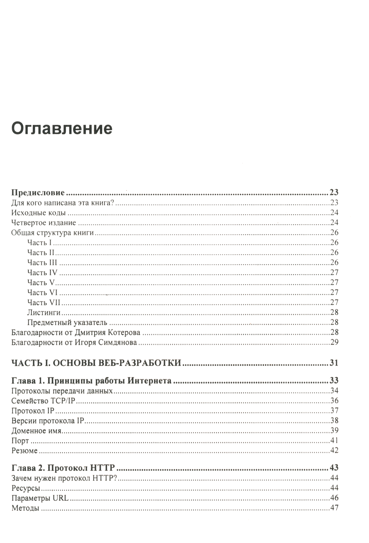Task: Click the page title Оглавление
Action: pyautogui.click(x=62, y=128)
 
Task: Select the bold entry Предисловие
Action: pyautogui.click(x=38, y=193)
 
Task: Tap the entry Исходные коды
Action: pyautogui.click(x=38, y=213)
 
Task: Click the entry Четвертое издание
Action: pyautogui.click(x=44, y=223)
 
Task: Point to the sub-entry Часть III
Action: pyautogui.click(x=42, y=262)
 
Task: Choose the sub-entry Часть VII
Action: pyautogui.click(x=44, y=302)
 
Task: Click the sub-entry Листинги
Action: pyautogui.click(x=44, y=312)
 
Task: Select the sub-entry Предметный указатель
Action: pyautogui.click(x=67, y=322)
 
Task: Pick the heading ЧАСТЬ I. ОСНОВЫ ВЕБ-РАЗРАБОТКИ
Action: pyautogui.click(x=96, y=363)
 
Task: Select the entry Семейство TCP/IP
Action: pyautogui.click(x=44, y=401)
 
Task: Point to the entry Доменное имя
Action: pyautogui.click(x=36, y=431)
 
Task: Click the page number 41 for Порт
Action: pyautogui.click(x=334, y=440)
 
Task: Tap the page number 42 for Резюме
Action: pyautogui.click(x=334, y=450)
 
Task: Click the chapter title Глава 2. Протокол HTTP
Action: pyautogui.click(x=63, y=468)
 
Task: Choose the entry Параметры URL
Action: pyautogui.click(x=40, y=498)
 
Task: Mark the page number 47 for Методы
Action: pyautogui.click(x=334, y=508)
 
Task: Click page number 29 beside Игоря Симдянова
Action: pyautogui.click(x=334, y=342)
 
